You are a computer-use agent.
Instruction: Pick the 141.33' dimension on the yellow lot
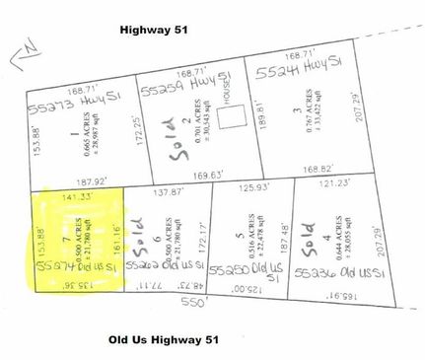[76, 198]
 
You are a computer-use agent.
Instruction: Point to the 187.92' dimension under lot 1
[76, 181]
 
